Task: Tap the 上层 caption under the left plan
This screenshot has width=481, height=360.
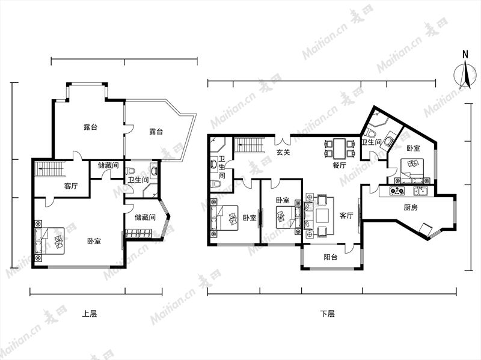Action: coord(89,314)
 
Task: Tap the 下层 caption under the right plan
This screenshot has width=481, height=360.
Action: coord(327,314)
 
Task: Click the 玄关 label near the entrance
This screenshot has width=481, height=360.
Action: coord(283,152)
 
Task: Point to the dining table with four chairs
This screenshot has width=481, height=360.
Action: coord(339,148)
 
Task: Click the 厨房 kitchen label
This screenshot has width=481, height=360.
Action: coord(411,207)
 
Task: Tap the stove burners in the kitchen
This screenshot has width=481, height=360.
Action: coord(397,191)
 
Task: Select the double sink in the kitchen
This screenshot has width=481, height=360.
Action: coord(421,191)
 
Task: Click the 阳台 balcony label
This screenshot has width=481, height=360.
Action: coord(330,257)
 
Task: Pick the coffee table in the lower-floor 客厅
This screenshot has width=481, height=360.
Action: coord(322,216)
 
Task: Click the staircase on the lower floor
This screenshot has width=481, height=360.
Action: coord(250,145)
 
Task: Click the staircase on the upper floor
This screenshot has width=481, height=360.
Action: coord(50,169)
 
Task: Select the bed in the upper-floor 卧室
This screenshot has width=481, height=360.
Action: coord(49,241)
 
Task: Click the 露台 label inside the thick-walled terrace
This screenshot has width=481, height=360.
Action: coord(91,127)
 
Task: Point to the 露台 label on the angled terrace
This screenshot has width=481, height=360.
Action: coord(156,132)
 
